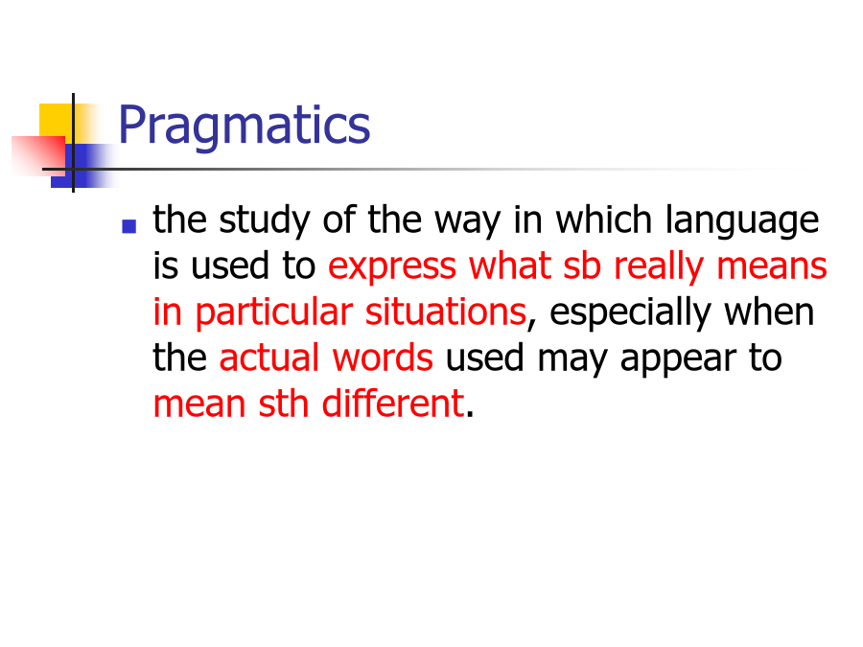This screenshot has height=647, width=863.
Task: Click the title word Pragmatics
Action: [x=245, y=127]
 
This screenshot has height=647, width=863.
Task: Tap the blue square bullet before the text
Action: [x=128, y=226]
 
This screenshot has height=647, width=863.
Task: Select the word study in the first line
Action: [x=265, y=221]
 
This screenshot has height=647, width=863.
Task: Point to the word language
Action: [x=742, y=221]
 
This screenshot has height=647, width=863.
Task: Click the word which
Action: [x=604, y=220]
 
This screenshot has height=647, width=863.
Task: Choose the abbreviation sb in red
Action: [x=582, y=266]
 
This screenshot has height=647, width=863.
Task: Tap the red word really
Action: [x=659, y=267]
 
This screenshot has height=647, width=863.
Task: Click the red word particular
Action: [x=273, y=313]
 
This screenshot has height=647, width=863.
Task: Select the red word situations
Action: [x=446, y=312]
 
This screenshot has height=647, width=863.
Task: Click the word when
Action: [x=769, y=312]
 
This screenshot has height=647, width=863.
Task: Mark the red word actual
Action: [x=269, y=358]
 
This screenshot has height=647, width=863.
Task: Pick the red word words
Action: [x=383, y=358]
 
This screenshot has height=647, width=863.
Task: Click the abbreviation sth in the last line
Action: [x=284, y=404]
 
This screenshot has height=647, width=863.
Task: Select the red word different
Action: [x=393, y=404]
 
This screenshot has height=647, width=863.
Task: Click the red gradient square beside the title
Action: [x=38, y=156]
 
